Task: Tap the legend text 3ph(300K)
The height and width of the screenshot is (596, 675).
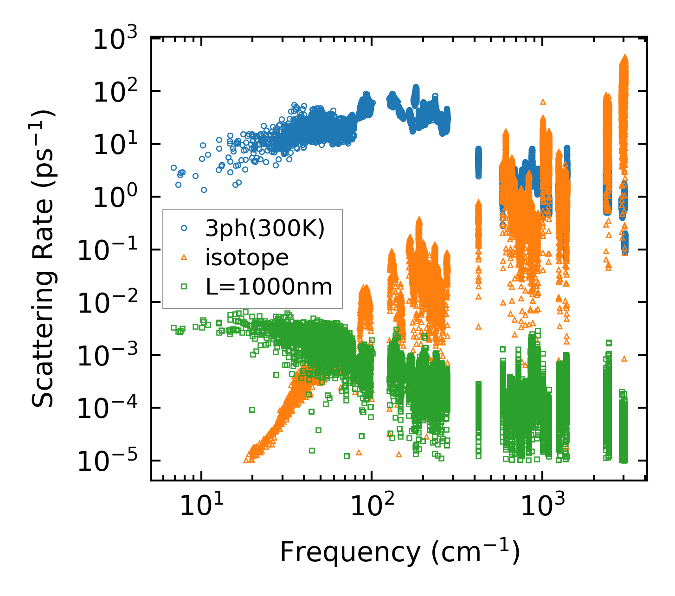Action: pos(265,228)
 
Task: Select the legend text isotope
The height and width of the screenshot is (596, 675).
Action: pos(247,258)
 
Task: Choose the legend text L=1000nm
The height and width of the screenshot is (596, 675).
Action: pos(269,287)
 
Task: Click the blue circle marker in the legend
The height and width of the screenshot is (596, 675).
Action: pos(184,228)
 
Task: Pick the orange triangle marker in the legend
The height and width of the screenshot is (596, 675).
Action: pos(184,257)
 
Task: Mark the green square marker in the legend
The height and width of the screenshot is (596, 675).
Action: pos(184,287)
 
